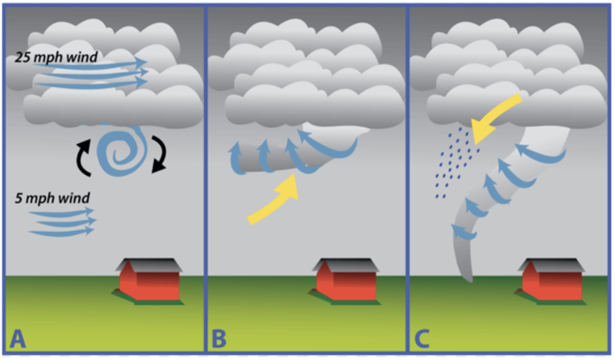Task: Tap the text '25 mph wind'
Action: (56, 58)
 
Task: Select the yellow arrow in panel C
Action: (495, 114)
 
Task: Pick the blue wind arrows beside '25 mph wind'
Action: (107, 72)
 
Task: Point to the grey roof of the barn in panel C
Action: (551, 265)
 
